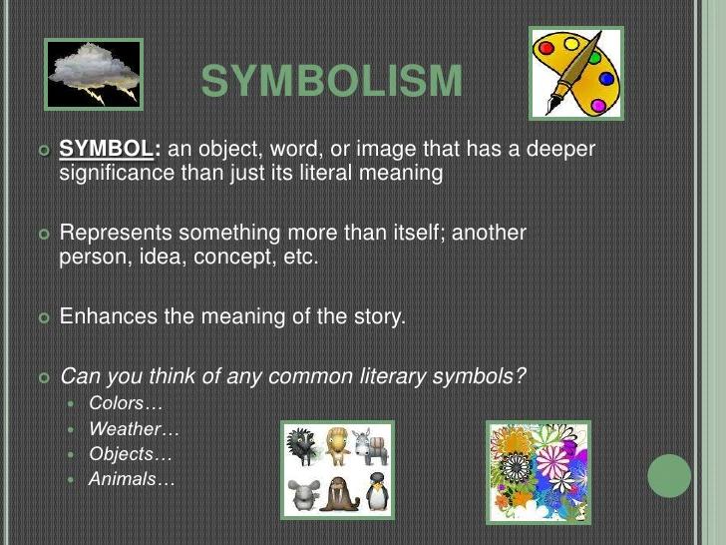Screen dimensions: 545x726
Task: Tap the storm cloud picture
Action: (x=94, y=74)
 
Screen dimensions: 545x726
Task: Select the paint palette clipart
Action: (x=575, y=73)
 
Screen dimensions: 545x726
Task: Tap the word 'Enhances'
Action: (x=106, y=317)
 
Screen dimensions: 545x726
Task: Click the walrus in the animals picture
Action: (x=339, y=494)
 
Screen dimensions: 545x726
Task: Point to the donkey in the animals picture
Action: (x=375, y=446)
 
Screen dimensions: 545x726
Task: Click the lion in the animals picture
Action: (x=337, y=446)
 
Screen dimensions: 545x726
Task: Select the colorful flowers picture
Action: (x=538, y=470)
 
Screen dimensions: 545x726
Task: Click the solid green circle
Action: (x=669, y=475)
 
